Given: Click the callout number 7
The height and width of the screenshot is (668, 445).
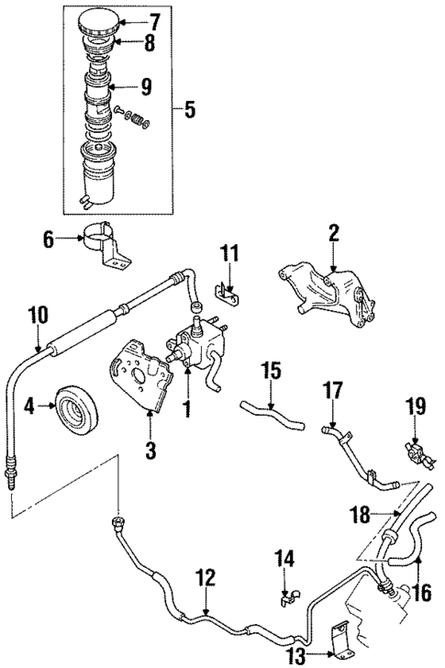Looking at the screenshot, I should [153, 20].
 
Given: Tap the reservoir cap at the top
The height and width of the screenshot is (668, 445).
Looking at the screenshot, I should [101, 20].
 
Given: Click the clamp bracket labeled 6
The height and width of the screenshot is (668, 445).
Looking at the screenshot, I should [103, 241].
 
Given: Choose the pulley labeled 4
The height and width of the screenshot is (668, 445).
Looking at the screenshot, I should [73, 404].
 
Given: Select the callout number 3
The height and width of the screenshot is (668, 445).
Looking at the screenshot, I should [150, 451].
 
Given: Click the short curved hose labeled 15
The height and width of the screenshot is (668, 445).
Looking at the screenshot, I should [271, 413].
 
